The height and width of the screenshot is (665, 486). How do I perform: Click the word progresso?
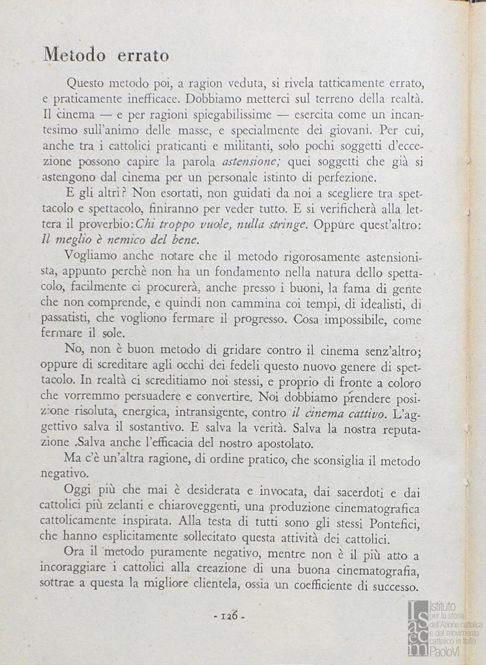(257, 320)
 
